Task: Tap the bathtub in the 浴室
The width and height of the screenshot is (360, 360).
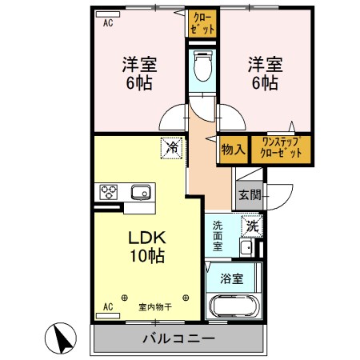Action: (233, 307)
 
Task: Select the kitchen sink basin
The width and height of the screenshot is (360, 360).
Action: (141, 192)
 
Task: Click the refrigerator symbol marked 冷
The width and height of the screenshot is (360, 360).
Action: (170, 147)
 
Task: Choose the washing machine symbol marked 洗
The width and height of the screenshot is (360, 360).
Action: (252, 226)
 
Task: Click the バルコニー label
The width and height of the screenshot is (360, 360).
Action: (178, 338)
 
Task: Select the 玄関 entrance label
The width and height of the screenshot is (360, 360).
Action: (249, 194)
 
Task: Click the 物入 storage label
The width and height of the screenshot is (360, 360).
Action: (233, 150)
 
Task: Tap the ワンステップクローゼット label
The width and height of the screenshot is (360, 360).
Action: (282, 150)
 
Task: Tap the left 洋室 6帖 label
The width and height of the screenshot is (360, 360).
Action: (139, 71)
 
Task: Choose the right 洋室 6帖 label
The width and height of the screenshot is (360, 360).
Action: (262, 71)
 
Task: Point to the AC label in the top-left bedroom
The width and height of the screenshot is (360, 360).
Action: (108, 23)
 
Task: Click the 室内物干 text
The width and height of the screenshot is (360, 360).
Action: (155, 306)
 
